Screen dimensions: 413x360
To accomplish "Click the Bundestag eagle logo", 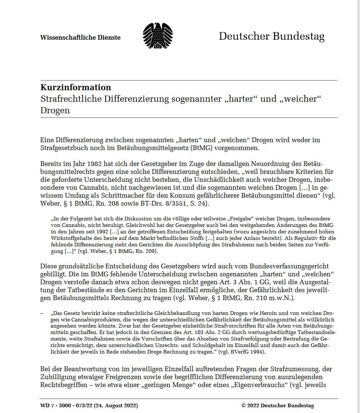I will coord(157,36).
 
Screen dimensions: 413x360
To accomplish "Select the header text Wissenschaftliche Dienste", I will coord(80,38).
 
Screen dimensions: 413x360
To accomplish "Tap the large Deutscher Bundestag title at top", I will coord(271,36).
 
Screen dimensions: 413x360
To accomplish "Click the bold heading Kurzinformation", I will coord(76,87).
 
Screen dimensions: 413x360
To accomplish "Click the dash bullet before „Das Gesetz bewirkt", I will coord(42,313).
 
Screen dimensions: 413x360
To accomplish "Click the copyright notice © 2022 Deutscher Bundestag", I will coord(277,405).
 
